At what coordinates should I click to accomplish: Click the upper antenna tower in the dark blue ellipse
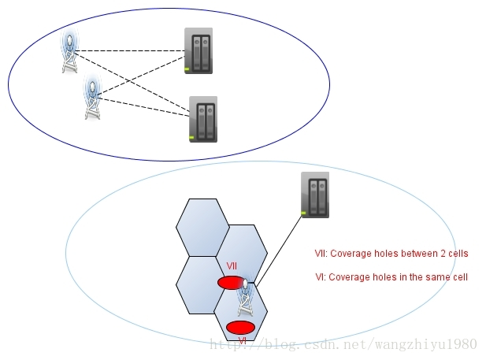(71, 52)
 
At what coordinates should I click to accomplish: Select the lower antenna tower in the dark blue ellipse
(93, 98)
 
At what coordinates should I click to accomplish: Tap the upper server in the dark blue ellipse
(198, 51)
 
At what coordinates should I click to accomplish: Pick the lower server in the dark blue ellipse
(202, 119)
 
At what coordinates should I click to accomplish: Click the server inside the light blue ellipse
(315, 195)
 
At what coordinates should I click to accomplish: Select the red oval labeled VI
(240, 327)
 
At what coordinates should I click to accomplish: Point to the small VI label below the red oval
(242, 341)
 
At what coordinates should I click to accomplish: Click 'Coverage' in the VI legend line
(346, 277)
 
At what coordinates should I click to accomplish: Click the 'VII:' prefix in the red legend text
(321, 254)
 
